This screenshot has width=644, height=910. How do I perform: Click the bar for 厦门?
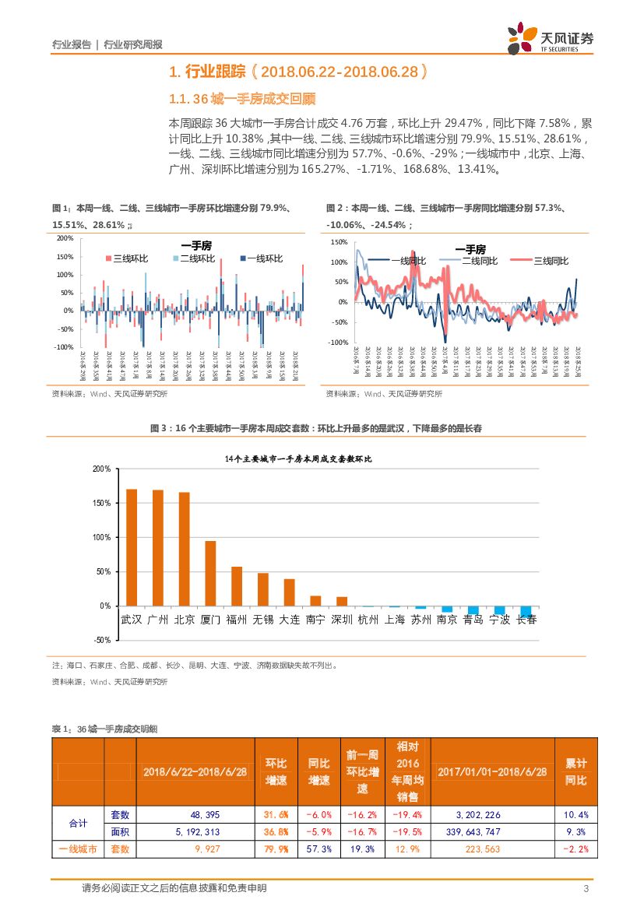[x=210, y=573]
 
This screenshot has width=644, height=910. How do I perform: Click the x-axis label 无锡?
[x=262, y=620]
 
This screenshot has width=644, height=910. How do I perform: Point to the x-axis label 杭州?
[x=368, y=620]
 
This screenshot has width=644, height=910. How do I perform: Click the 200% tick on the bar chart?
[x=101, y=469]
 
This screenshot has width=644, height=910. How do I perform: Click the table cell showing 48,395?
[x=195, y=814]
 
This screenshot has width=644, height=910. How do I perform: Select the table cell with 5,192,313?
[x=195, y=831]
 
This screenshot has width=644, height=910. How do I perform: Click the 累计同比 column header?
[x=575, y=771]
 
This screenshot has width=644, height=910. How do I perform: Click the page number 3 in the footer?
[x=585, y=889]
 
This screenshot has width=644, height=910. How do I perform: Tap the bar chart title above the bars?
[x=298, y=459]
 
